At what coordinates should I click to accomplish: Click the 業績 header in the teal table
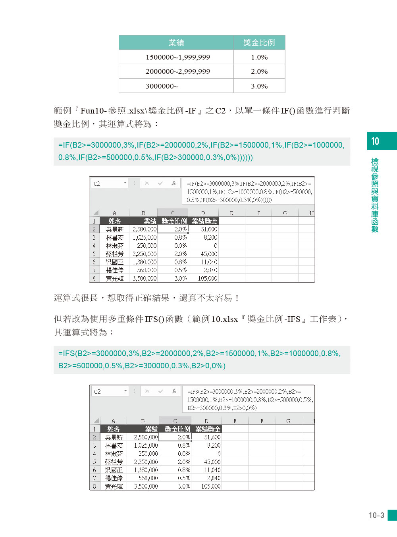click(176, 42)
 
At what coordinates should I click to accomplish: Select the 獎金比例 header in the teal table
click(259, 42)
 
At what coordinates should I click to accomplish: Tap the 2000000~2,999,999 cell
click(177, 71)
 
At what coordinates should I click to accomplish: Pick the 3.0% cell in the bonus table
click(259, 86)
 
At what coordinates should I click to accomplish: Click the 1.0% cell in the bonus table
click(259, 57)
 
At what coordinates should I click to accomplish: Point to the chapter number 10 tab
click(375, 141)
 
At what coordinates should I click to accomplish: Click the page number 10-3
click(376, 515)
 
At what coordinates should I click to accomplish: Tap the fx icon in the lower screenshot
click(174, 391)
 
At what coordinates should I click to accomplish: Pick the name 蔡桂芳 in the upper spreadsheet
click(115, 254)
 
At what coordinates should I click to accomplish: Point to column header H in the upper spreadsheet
click(311, 213)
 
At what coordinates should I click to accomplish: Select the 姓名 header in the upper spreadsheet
click(115, 221)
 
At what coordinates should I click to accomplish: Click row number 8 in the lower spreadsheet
click(94, 487)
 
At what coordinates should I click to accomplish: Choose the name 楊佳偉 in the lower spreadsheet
click(114, 478)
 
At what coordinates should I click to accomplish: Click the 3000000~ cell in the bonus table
click(162, 86)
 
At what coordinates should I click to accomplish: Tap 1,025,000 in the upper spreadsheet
click(145, 238)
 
